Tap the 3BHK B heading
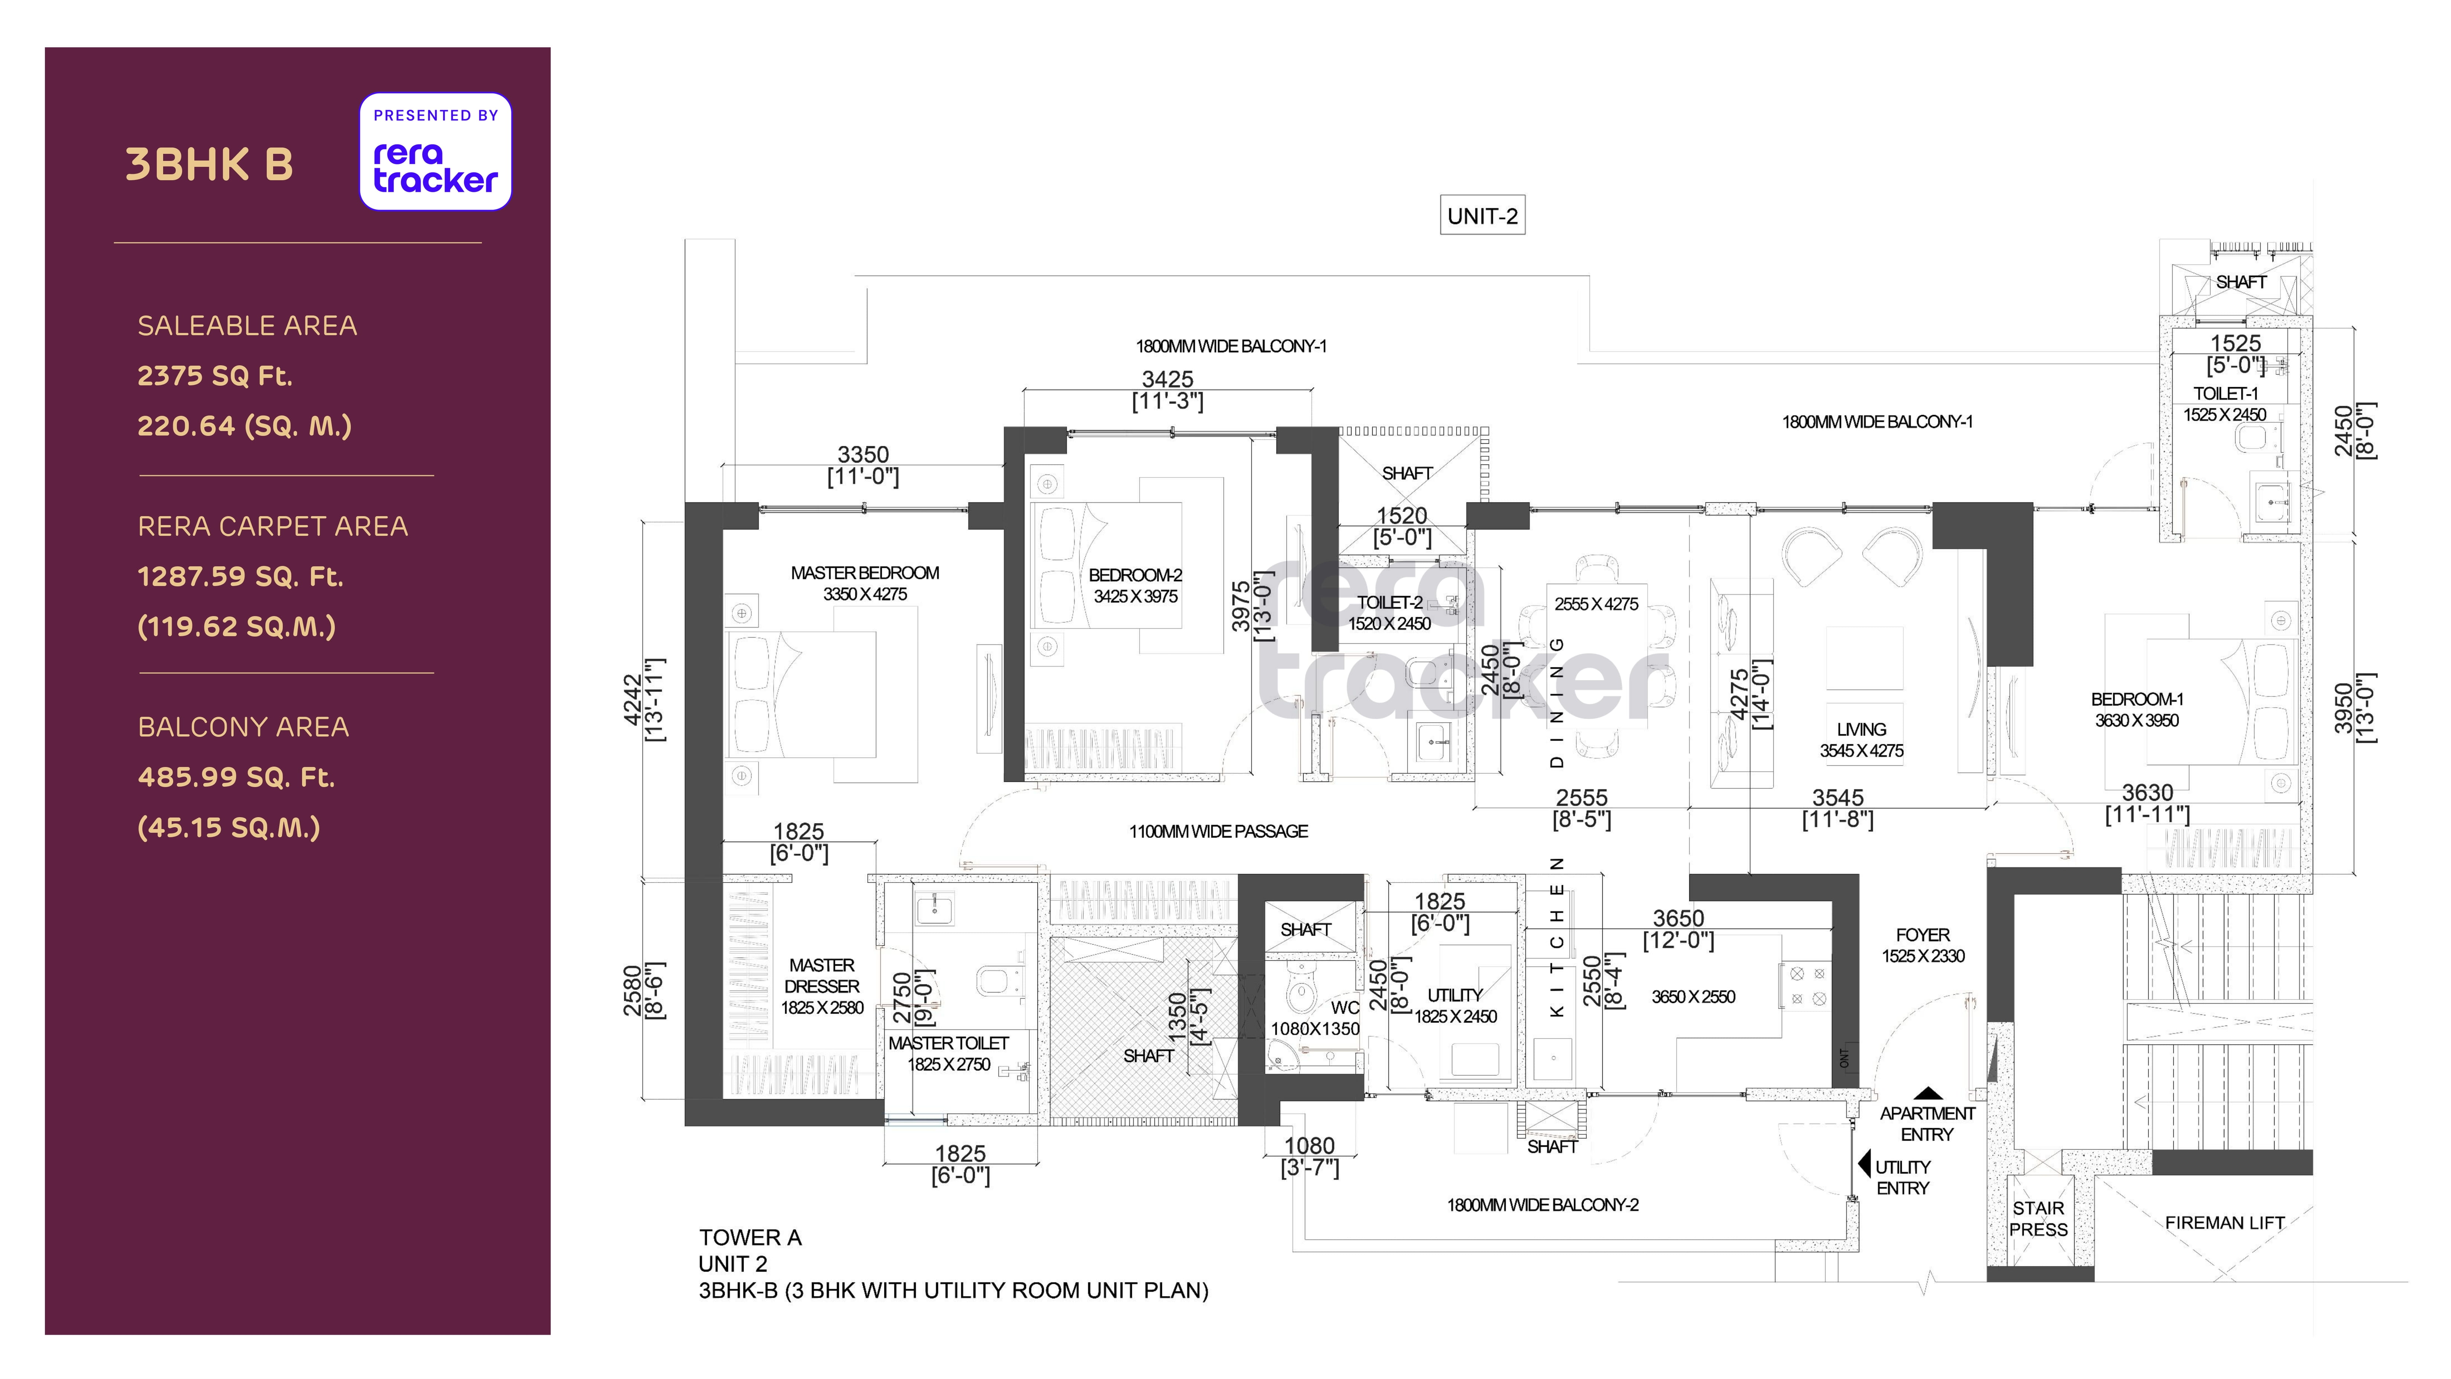[x=209, y=165]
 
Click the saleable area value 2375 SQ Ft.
[x=215, y=376]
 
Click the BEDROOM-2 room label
[x=1135, y=575]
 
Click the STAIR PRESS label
[x=2038, y=1218]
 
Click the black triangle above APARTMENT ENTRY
[x=1928, y=1094]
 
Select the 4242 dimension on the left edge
[x=632, y=699]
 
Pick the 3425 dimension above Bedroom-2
[x=1168, y=379]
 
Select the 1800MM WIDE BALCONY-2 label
[x=1542, y=1205]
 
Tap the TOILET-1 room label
[x=2225, y=393]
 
